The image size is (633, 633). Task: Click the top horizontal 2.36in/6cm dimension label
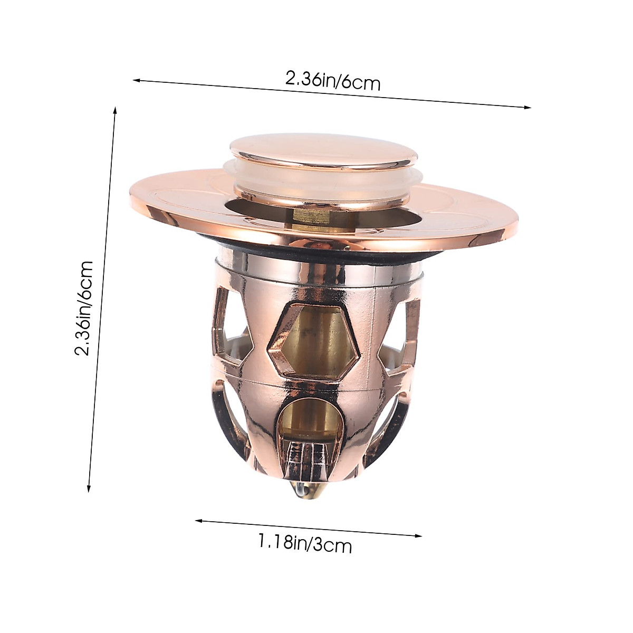pyautogui.click(x=332, y=82)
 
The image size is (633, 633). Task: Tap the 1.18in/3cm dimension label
pyautogui.click(x=305, y=543)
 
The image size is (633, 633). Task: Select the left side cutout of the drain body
pyautogui.click(x=232, y=338)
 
